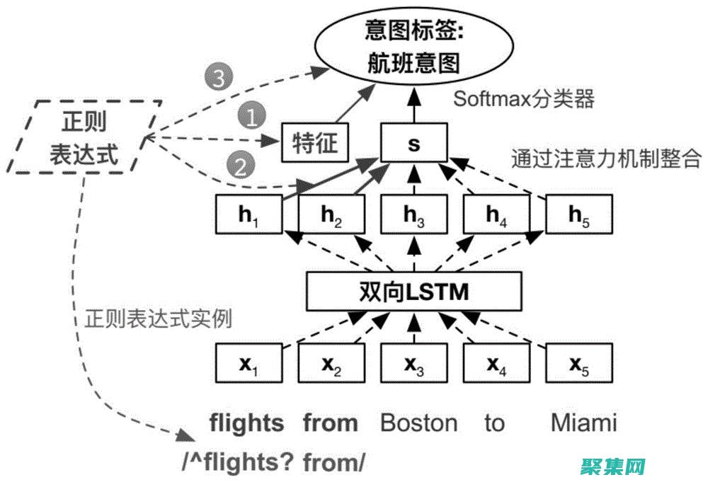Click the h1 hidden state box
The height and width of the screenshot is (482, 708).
point(249,215)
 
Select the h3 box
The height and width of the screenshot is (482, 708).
point(414,215)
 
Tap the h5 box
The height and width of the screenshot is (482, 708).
point(579,215)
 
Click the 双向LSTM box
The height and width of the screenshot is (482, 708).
point(414,291)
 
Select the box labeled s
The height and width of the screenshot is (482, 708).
point(414,142)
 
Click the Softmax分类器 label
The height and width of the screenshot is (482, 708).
point(523,98)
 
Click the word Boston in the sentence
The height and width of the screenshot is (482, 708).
point(418,423)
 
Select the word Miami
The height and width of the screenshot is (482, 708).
point(583,423)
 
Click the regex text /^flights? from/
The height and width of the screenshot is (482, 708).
point(273,463)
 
